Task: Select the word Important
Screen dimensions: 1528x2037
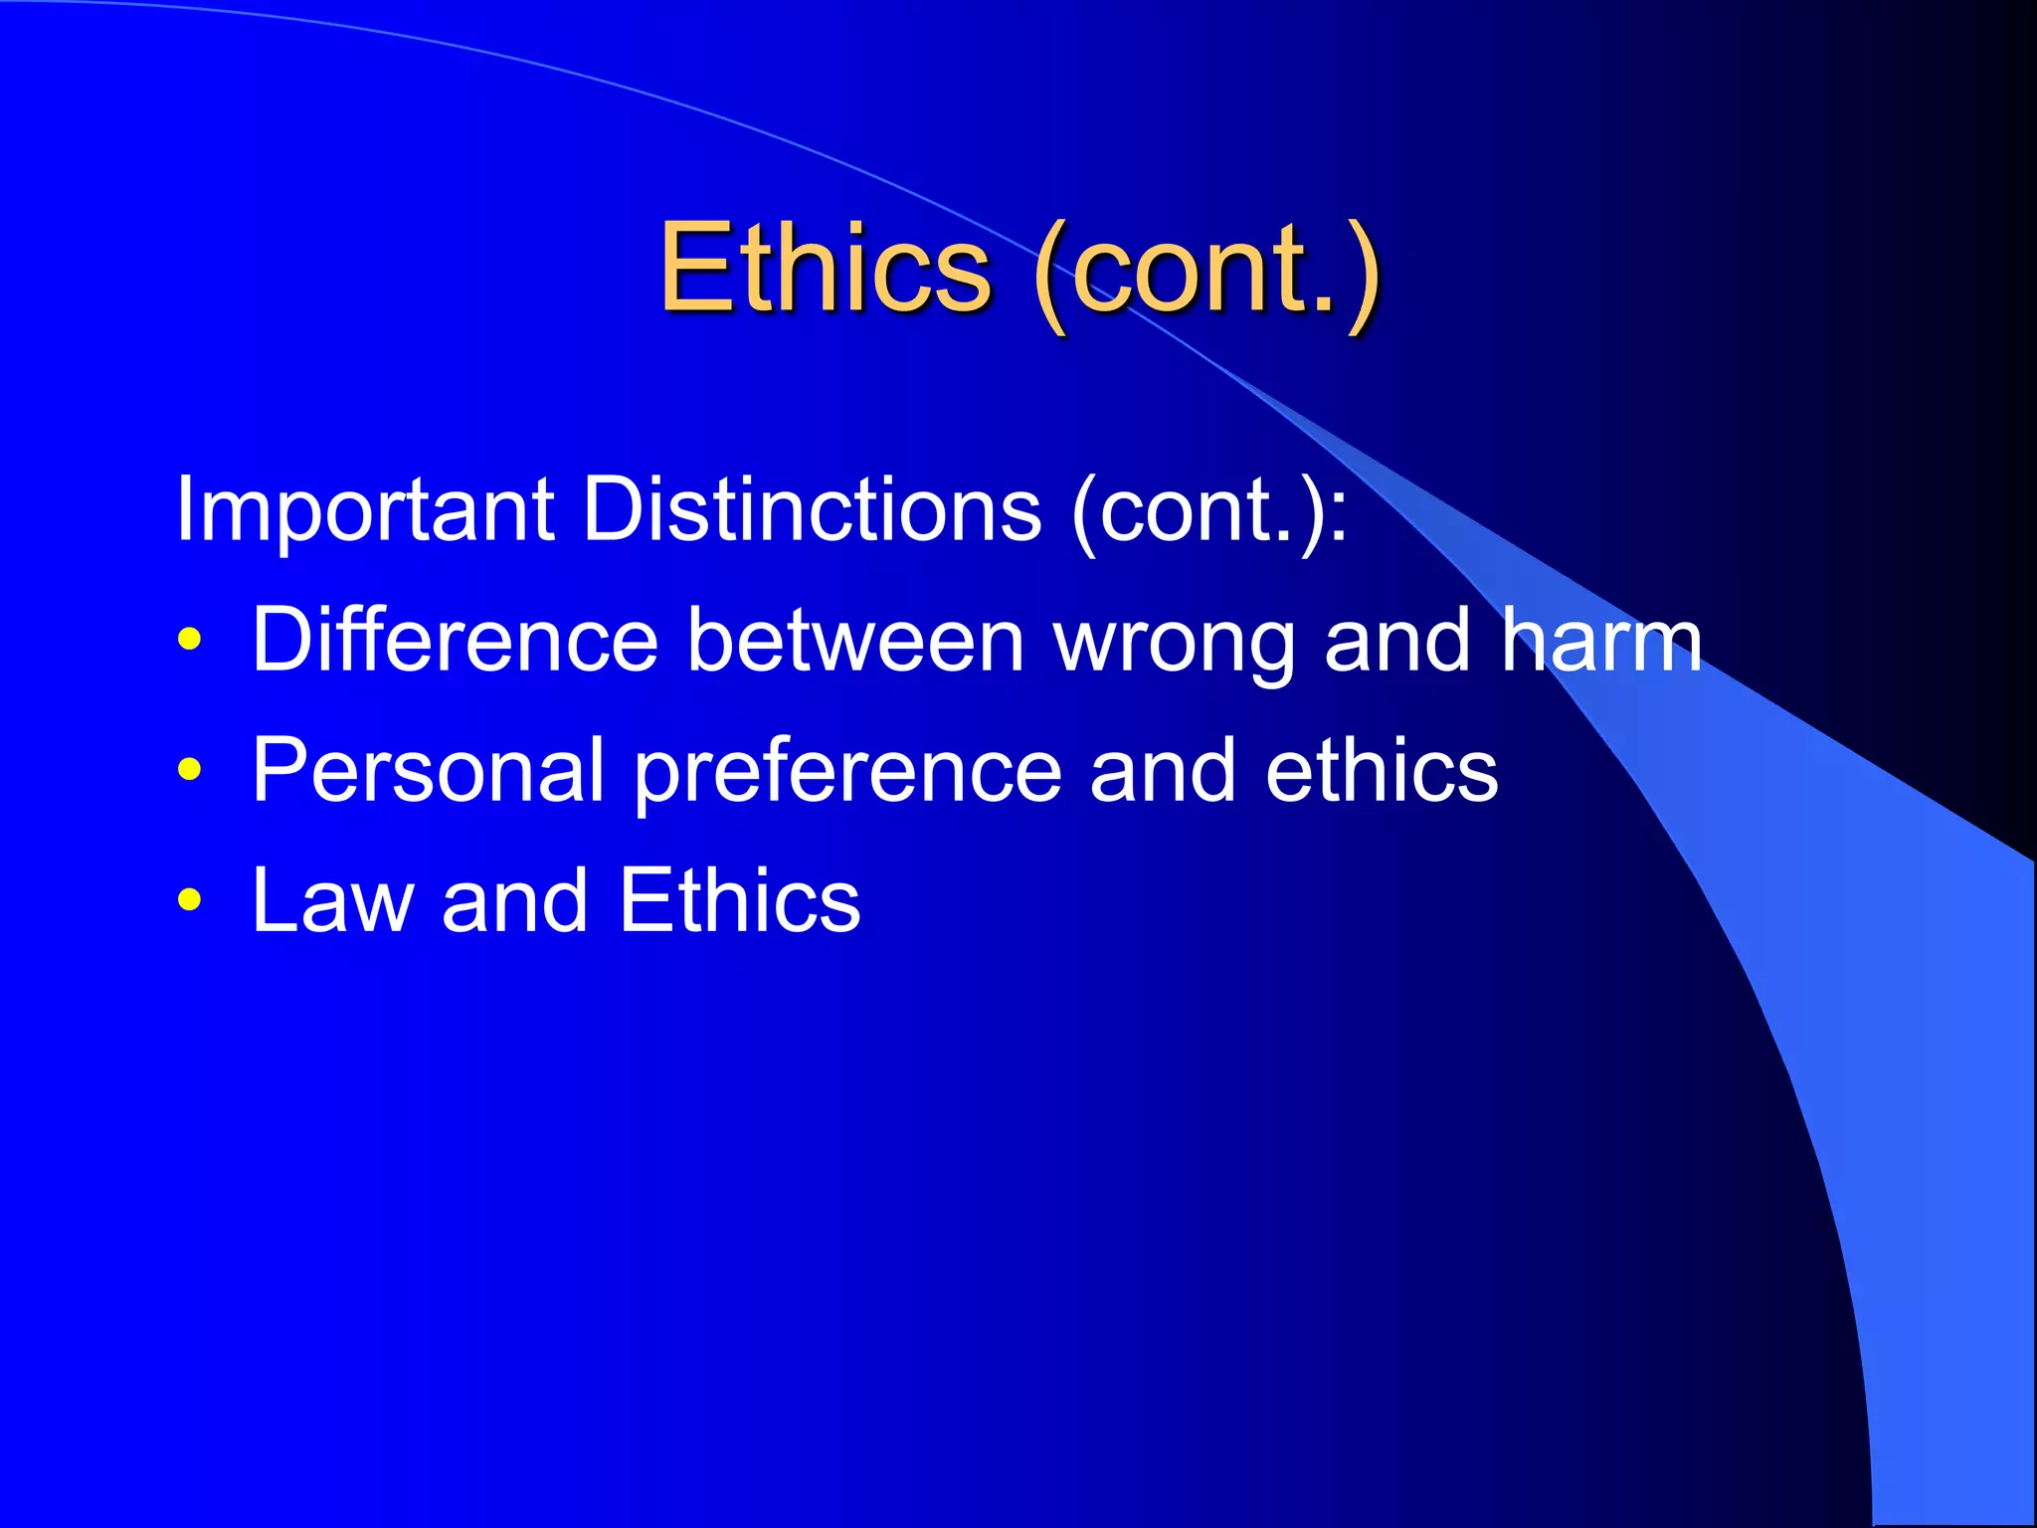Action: (x=364, y=509)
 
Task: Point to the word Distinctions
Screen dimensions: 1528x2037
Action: (x=812, y=509)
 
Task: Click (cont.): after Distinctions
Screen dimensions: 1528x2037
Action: (x=1209, y=511)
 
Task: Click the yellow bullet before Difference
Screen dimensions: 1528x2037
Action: (x=189, y=639)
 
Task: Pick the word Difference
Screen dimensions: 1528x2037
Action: (x=456, y=640)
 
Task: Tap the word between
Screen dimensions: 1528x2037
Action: (x=856, y=640)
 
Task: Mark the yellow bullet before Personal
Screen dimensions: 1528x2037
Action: (x=189, y=769)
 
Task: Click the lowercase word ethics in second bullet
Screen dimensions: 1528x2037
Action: (x=1382, y=770)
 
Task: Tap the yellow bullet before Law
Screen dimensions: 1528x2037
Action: (x=189, y=900)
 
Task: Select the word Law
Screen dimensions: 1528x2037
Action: (x=332, y=900)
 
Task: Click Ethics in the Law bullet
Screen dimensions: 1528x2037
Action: (x=739, y=900)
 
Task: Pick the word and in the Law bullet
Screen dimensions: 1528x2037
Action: (x=515, y=900)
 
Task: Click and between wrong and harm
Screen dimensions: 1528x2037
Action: (x=1397, y=640)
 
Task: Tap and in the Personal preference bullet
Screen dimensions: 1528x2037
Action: (x=1163, y=770)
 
